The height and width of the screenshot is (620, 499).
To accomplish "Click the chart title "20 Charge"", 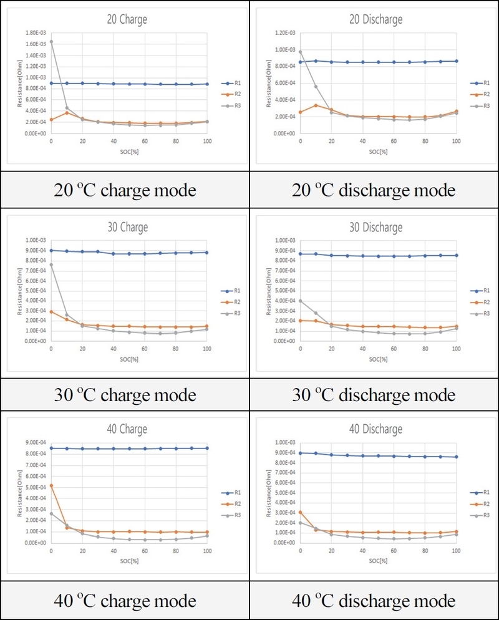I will click(x=127, y=19).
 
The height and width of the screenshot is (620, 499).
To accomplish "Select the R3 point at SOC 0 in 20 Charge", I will click(x=51, y=42).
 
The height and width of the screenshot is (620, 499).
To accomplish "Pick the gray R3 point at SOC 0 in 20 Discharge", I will click(x=301, y=52).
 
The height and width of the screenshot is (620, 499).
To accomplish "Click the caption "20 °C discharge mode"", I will click(x=374, y=190).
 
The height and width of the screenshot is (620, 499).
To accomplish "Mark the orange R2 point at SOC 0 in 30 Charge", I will click(x=51, y=312).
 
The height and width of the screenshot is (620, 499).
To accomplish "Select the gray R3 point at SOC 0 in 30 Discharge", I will click(x=301, y=301).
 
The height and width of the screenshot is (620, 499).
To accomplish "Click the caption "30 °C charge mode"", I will click(x=125, y=395).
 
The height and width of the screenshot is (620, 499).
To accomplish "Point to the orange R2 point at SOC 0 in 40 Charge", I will click(x=51, y=485).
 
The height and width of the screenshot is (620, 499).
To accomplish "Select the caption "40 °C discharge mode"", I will click(x=374, y=601).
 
